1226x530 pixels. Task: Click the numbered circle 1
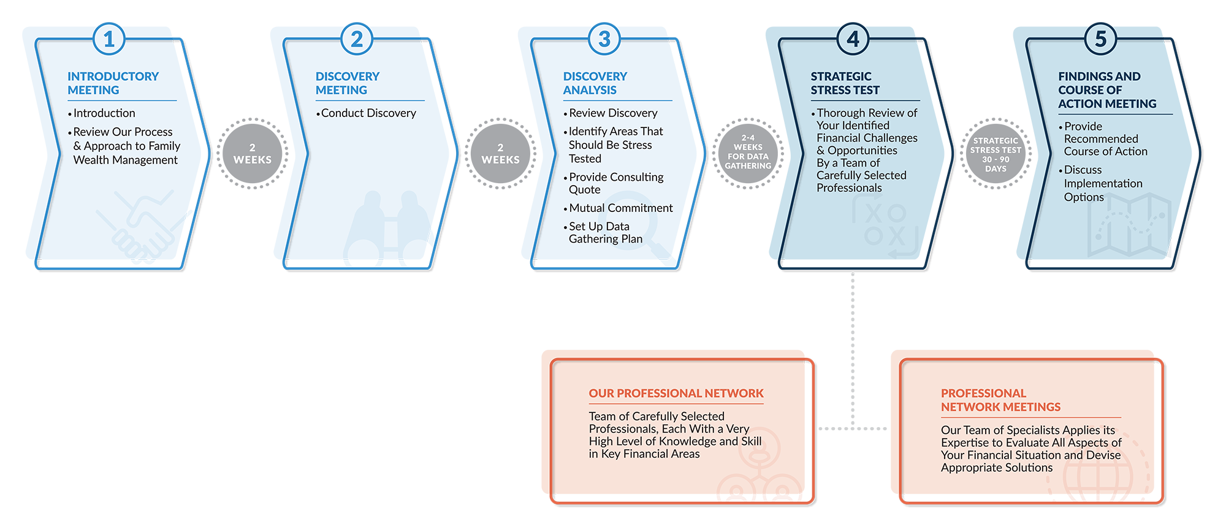(x=109, y=39)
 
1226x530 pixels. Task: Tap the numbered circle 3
(x=604, y=39)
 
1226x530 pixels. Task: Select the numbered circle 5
(x=1100, y=39)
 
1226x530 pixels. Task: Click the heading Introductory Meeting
(x=113, y=83)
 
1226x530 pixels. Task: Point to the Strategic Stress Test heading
(x=845, y=83)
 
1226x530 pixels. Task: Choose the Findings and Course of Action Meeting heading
(x=1107, y=90)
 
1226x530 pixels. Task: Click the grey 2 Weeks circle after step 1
(x=253, y=154)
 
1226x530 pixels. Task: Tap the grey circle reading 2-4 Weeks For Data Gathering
(x=748, y=153)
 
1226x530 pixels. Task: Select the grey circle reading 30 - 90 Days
(x=996, y=154)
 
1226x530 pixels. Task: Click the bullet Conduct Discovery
(x=366, y=113)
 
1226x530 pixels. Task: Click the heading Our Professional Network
(x=676, y=393)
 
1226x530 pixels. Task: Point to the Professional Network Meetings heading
(x=1000, y=400)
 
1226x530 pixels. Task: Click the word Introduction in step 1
(x=104, y=113)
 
